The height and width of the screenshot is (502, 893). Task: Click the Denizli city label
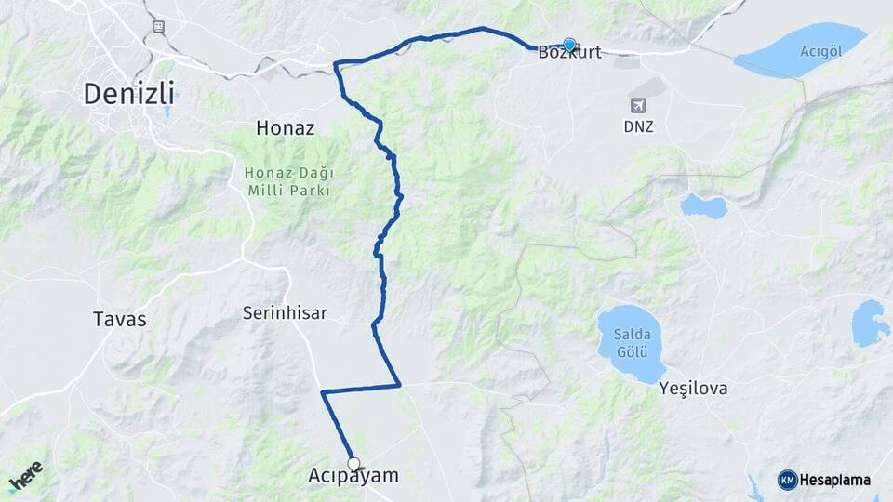(129, 94)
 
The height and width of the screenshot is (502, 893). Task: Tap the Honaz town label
(286, 129)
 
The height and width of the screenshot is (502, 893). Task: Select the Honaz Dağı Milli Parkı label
(289, 181)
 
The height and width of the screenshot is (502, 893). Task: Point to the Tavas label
(120, 319)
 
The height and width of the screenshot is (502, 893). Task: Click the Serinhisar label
(284, 313)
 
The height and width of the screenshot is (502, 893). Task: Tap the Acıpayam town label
(353, 476)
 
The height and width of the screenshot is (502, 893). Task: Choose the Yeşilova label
(693, 387)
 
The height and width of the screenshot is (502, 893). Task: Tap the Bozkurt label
(569, 53)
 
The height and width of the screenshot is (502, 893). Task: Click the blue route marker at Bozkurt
(569, 43)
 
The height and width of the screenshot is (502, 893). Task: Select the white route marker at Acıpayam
(353, 463)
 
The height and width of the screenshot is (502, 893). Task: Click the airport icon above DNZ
(639, 105)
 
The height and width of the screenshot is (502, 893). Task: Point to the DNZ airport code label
(639, 125)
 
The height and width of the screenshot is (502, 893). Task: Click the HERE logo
(25, 478)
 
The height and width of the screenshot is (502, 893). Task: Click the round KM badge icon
(787, 480)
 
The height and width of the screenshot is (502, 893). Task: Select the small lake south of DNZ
(702, 205)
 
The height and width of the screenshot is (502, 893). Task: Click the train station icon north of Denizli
(158, 26)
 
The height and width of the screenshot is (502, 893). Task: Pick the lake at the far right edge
(871, 323)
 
